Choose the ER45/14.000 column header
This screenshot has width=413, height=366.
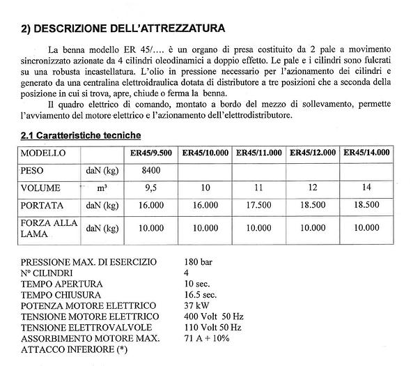pyautogui.click(x=367, y=152)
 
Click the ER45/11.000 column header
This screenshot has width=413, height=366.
pyautogui.click(x=258, y=152)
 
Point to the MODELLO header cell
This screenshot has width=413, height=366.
pyautogui.click(x=43, y=153)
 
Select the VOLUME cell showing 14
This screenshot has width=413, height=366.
pyautogui.click(x=367, y=188)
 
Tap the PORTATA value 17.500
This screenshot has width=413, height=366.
pyautogui.click(x=258, y=206)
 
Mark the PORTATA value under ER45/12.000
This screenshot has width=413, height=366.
pyautogui.click(x=313, y=206)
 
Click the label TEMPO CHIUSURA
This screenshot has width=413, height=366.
pyautogui.click(x=62, y=295)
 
